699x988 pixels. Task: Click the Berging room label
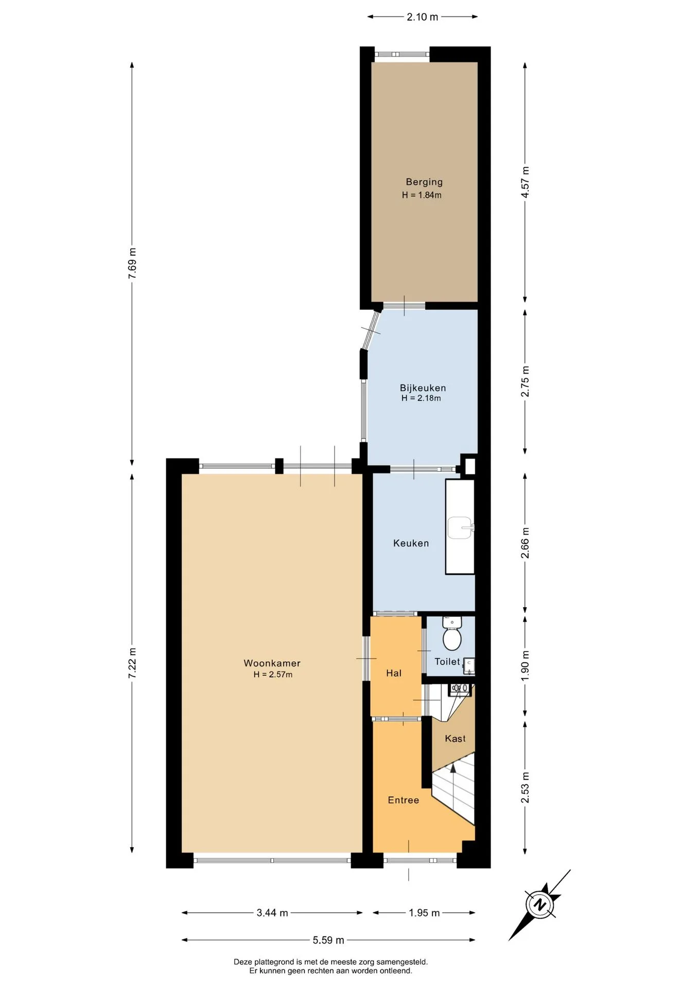coord(424,182)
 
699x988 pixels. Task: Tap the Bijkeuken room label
coord(423,388)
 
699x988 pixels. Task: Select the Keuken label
coord(411,543)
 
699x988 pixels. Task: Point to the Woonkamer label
coord(272,663)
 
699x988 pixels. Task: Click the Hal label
coord(394,673)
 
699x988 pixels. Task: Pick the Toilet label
coord(447,662)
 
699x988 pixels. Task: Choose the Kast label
coord(455,738)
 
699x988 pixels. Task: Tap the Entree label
coord(404,800)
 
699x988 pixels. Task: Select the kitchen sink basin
coord(460,527)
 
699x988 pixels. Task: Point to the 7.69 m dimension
coord(133,263)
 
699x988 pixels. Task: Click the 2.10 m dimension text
coord(423,17)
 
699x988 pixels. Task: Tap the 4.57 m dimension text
coord(525,182)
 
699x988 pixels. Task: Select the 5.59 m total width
coord(328,940)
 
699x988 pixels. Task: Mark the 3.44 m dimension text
coord(272,913)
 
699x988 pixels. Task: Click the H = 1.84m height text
coord(422,195)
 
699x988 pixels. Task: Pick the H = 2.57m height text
coord(273,675)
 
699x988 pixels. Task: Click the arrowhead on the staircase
coord(453,768)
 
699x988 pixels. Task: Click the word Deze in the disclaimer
coord(242,962)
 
